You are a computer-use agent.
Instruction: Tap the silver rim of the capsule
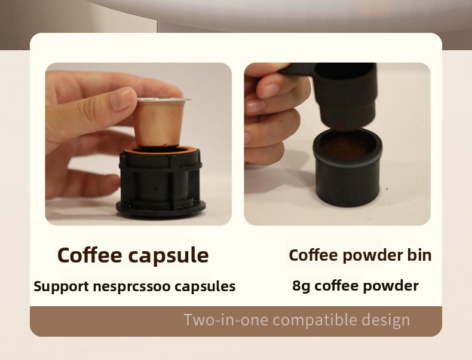pyautogui.click(x=164, y=100)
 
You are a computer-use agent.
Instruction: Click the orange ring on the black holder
pyautogui.click(x=163, y=149)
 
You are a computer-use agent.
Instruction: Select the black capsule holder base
pyautogui.click(x=161, y=182)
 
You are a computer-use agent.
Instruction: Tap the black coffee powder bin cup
pyautogui.click(x=348, y=167)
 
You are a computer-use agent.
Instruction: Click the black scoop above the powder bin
pyautogui.click(x=334, y=94)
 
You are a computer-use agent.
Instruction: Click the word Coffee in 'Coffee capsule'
pyautogui.click(x=90, y=255)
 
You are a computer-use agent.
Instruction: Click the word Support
pyautogui.click(x=61, y=286)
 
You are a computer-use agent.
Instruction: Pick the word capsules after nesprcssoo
pyautogui.click(x=205, y=286)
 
